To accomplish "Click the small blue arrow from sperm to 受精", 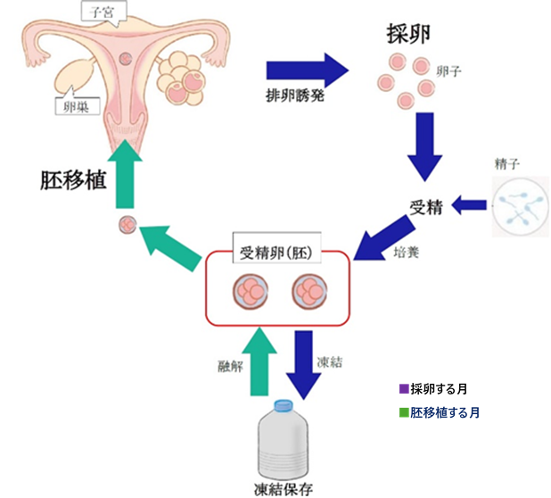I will click(469, 205).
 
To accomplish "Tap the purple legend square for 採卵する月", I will click(404, 389).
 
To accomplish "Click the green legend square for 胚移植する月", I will click(404, 413).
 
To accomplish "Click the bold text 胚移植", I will click(73, 181).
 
